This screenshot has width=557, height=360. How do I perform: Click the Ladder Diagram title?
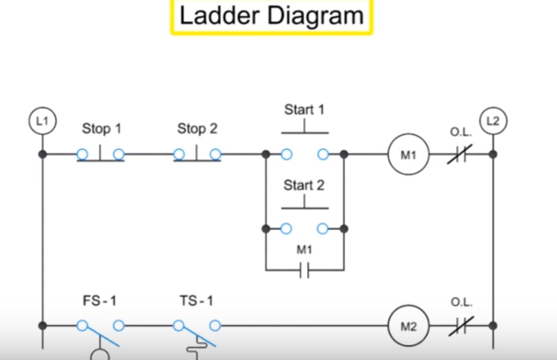[x=272, y=16]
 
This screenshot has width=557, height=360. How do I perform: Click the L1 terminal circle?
[x=43, y=122]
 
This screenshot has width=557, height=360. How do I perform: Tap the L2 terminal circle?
[x=493, y=122]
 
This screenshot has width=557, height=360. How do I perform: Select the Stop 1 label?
[x=101, y=129]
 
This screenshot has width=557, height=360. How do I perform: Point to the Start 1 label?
[x=304, y=110]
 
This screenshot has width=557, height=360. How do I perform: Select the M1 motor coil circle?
[x=408, y=155]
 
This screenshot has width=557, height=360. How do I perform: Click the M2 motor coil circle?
[x=408, y=326]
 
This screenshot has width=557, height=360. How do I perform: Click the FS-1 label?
[x=99, y=301]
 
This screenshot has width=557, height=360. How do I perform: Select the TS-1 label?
[x=196, y=301]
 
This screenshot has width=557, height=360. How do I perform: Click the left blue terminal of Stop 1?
[x=82, y=155]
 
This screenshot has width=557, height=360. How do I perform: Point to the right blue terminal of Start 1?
[x=323, y=155]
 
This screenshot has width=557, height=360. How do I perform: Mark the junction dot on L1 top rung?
[x=43, y=155]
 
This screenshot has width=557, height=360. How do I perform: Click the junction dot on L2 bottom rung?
[x=493, y=326]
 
